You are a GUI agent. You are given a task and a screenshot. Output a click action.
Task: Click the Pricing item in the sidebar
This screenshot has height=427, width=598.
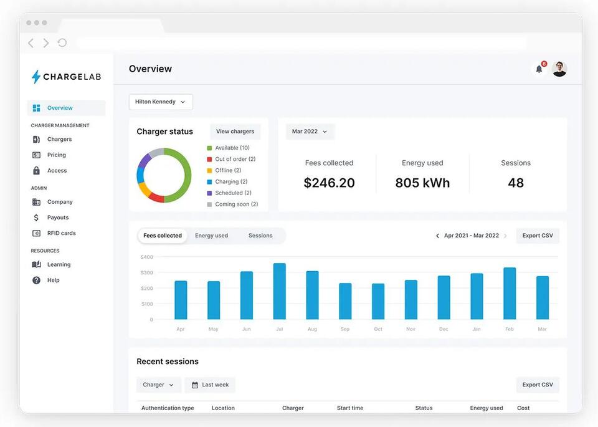(x=49, y=155)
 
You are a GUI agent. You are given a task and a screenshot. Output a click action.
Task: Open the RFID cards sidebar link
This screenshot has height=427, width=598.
(x=54, y=233)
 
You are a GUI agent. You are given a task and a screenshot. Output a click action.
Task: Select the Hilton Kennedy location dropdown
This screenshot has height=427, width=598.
(x=161, y=102)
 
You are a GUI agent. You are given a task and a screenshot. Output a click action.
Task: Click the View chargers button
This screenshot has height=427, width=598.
(x=235, y=132)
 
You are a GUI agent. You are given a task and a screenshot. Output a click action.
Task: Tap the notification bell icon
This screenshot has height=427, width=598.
(x=539, y=69)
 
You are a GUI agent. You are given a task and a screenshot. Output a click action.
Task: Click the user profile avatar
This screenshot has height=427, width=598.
(x=559, y=69)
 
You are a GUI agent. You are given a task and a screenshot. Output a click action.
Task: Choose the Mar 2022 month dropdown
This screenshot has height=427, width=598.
(x=310, y=132)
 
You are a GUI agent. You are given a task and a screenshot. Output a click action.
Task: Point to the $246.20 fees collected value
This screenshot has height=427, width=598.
(x=329, y=183)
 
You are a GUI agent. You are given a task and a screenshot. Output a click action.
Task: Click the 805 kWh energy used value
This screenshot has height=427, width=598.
(x=422, y=183)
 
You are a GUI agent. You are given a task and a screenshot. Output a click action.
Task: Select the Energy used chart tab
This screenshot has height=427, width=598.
(x=211, y=236)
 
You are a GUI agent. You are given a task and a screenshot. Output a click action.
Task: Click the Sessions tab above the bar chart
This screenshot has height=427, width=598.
(x=260, y=236)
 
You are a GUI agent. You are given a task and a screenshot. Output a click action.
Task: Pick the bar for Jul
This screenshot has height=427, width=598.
(x=279, y=291)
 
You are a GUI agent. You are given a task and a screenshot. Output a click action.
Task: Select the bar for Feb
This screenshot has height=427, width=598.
(x=510, y=294)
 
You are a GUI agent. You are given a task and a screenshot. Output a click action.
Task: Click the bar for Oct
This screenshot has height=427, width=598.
(x=378, y=302)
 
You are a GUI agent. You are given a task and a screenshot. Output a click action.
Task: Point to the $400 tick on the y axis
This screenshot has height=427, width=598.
(x=147, y=257)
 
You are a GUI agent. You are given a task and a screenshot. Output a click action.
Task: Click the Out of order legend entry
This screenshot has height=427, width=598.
(x=231, y=159)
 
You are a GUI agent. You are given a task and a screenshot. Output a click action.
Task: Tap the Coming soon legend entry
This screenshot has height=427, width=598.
(x=232, y=204)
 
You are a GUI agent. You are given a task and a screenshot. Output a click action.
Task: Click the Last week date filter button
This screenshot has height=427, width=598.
(x=210, y=385)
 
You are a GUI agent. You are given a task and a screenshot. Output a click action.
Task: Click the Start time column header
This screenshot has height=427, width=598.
(x=350, y=408)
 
